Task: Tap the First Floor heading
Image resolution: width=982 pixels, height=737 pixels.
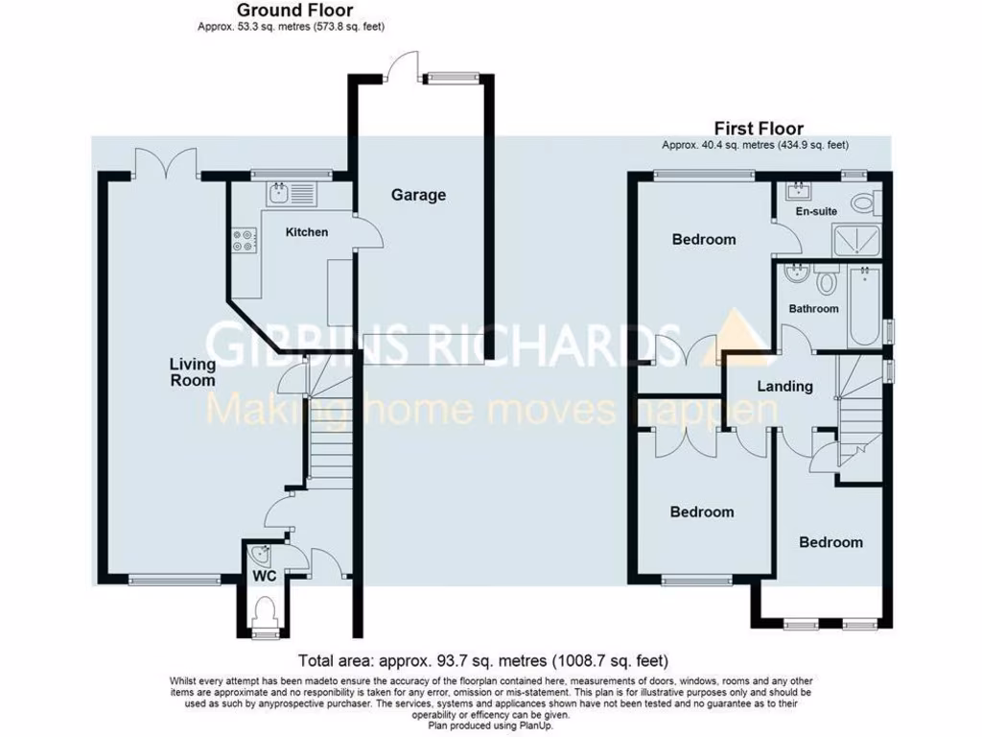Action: click(x=758, y=129)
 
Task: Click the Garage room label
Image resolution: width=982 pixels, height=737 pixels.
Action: click(x=418, y=195)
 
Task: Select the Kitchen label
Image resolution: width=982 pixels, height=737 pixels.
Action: click(x=307, y=232)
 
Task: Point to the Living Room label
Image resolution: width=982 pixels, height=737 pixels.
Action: click(x=193, y=372)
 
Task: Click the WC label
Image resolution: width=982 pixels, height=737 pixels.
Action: click(x=263, y=576)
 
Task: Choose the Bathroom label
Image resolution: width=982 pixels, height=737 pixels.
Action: click(x=813, y=309)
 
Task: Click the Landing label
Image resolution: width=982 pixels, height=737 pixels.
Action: click(x=784, y=387)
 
